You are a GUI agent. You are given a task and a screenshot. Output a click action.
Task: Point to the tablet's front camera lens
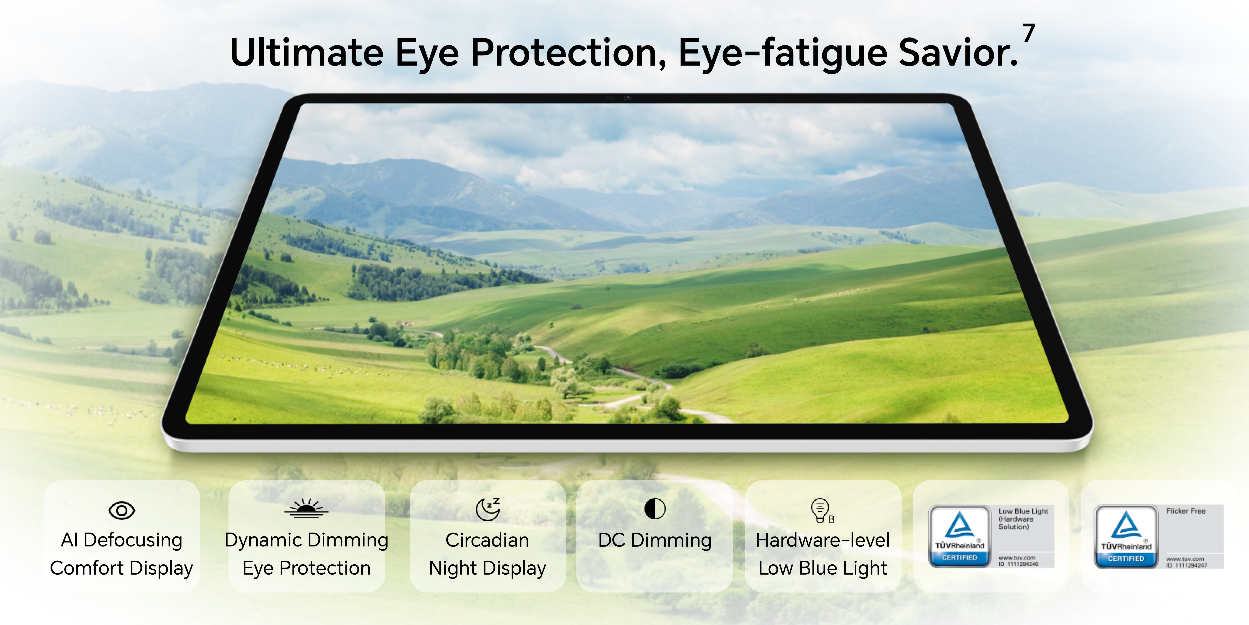click(x=627, y=98)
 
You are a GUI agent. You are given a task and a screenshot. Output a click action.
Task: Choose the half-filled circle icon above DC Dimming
click(x=654, y=509)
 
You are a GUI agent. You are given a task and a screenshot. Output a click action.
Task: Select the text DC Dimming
click(x=654, y=540)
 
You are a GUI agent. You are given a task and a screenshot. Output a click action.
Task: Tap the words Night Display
click(x=487, y=568)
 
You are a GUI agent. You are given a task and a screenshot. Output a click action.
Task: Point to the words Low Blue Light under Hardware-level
click(x=823, y=568)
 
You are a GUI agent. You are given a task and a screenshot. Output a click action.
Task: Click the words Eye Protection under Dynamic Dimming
click(x=306, y=568)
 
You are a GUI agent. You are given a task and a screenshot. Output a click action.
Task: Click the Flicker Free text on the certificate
click(x=1186, y=511)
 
